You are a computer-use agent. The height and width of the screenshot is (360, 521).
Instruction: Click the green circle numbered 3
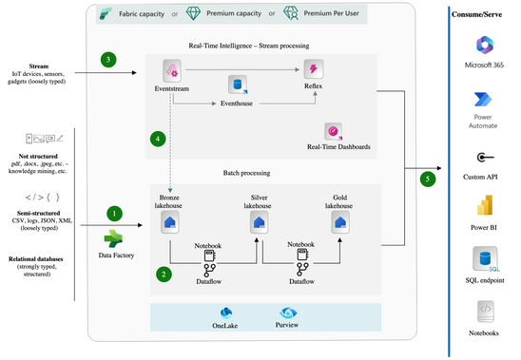click(x=109, y=60)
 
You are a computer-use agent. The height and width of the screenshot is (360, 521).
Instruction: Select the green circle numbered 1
click(x=115, y=214)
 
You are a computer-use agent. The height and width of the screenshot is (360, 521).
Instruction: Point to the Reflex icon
click(x=313, y=69)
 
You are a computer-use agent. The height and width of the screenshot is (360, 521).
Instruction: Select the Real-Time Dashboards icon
click(x=333, y=131)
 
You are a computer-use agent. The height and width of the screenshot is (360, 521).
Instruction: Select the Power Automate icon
click(x=483, y=103)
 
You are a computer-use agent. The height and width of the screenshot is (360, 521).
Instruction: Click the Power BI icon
click(x=483, y=209)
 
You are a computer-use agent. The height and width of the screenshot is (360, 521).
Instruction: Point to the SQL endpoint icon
click(x=483, y=260)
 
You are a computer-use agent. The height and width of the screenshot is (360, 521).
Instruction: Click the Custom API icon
click(x=483, y=158)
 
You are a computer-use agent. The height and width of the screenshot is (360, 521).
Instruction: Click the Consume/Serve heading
click(x=483, y=14)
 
